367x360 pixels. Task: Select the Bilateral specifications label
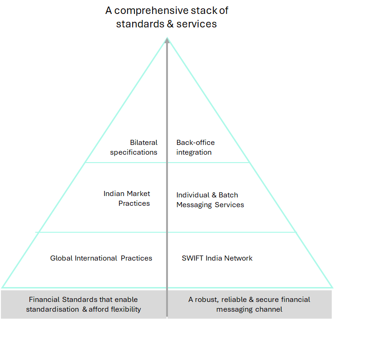pos(134,147)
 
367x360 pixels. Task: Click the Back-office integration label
pos(195,147)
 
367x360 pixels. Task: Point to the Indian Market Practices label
pos(127,198)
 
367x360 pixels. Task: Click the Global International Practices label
pos(101,258)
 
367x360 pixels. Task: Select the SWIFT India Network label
pos(217,258)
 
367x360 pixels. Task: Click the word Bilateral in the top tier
pos(143,143)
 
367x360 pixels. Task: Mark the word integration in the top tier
pos(194,152)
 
